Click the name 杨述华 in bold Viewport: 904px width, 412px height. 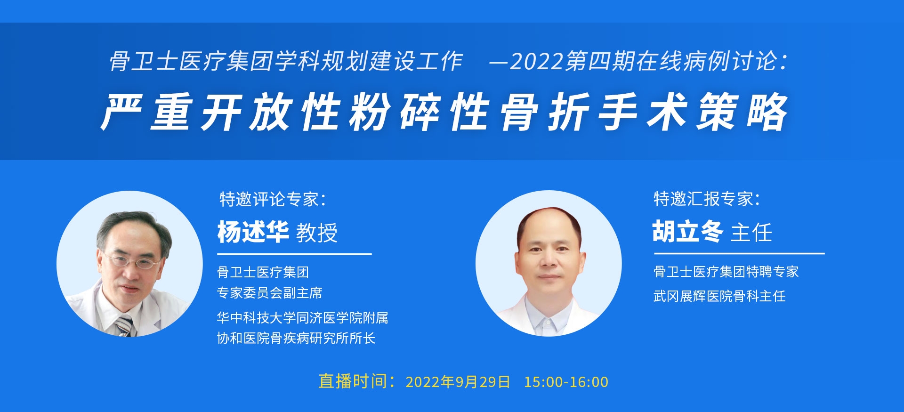(253, 232)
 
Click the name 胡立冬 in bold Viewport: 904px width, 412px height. (688, 232)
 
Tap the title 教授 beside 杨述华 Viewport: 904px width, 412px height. (317, 233)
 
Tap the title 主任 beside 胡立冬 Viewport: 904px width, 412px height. (751, 233)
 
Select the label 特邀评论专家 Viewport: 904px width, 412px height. (269, 199)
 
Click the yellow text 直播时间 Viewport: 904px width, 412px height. (352, 381)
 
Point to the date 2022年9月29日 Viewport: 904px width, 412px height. (458, 382)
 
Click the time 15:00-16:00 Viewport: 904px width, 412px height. (566, 382)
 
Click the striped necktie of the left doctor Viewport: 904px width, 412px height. (125, 325)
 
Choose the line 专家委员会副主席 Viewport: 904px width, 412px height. (269, 293)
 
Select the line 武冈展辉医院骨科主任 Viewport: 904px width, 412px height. (719, 296)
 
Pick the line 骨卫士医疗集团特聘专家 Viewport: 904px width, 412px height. (726, 272)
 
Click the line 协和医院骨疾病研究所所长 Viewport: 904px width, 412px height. (296, 338)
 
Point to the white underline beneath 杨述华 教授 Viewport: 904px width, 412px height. (294, 254)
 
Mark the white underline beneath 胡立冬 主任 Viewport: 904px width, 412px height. (739, 253)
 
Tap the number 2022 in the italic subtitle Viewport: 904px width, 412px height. (537, 62)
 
